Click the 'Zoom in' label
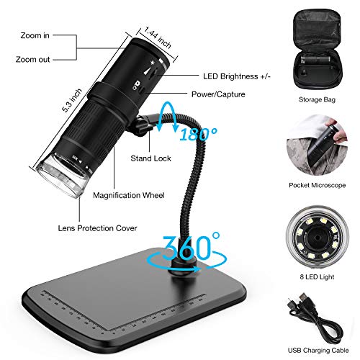point(35,35)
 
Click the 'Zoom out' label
point(33,59)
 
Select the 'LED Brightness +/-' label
point(237,76)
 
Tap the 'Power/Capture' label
point(218,94)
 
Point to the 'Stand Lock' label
point(150,158)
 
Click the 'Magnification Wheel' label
point(129,195)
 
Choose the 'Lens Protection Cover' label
point(97,228)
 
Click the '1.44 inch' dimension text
point(158,37)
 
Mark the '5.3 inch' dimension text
point(72,100)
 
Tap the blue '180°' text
point(199,134)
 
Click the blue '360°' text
point(191,247)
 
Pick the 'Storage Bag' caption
point(317,99)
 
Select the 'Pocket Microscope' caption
point(317,185)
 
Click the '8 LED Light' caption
point(317,276)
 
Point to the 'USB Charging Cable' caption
point(318,351)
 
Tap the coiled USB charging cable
point(317,319)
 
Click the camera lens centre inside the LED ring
point(318,238)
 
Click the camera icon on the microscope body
point(138,84)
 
